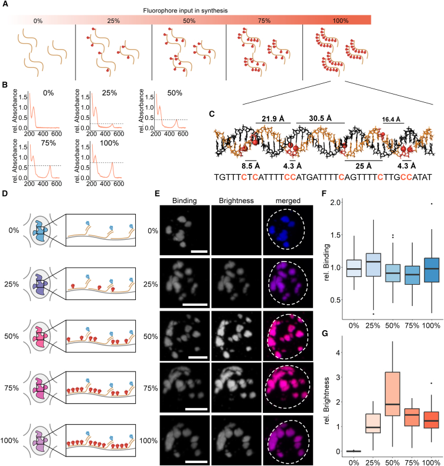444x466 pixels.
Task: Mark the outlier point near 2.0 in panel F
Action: pos(432,204)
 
